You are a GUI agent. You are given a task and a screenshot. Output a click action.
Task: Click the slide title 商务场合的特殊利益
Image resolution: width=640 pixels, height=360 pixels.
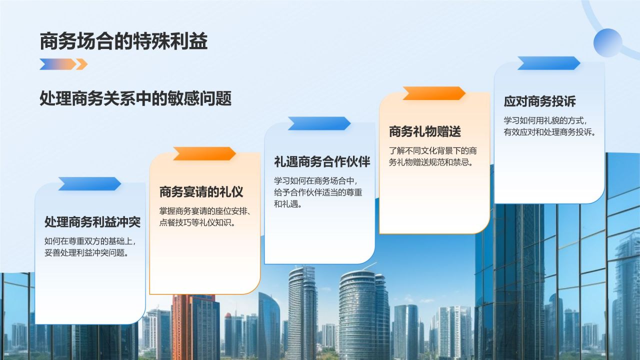click(x=123, y=42)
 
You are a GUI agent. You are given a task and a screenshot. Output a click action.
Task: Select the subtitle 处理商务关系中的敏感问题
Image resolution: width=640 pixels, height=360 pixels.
click(x=135, y=98)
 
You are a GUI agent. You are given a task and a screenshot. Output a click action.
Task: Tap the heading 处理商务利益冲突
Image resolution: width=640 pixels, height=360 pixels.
click(x=92, y=221)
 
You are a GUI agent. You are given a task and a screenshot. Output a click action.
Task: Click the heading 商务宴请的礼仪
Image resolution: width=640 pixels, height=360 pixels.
click(x=201, y=191)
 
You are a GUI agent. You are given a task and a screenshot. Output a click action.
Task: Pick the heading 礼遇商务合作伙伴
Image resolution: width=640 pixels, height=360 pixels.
click(x=322, y=162)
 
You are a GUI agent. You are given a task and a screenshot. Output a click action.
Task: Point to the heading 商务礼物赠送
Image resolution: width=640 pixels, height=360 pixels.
click(x=425, y=131)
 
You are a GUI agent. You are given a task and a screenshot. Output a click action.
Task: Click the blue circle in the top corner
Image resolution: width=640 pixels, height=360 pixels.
click(x=607, y=42)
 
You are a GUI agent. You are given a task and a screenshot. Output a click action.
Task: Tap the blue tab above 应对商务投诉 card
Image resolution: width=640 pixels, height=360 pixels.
click(x=548, y=63)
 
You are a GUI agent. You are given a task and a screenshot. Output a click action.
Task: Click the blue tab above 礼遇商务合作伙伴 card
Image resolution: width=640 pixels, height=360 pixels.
click(x=319, y=123)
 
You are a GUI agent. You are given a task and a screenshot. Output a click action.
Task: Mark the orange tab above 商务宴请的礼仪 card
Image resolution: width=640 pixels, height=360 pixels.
click(x=204, y=153)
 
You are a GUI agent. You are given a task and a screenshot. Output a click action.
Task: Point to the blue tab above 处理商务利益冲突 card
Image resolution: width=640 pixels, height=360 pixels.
click(x=89, y=184)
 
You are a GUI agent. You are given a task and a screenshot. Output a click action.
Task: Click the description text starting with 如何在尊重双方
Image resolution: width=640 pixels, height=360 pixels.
click(x=90, y=247)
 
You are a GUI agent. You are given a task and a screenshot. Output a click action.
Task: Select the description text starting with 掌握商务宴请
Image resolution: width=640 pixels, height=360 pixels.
click(x=204, y=217)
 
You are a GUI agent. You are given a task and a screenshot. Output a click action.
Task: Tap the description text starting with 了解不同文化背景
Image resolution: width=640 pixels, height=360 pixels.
click(x=433, y=156)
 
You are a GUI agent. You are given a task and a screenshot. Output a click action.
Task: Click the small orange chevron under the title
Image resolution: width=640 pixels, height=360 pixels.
click(x=81, y=64)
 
